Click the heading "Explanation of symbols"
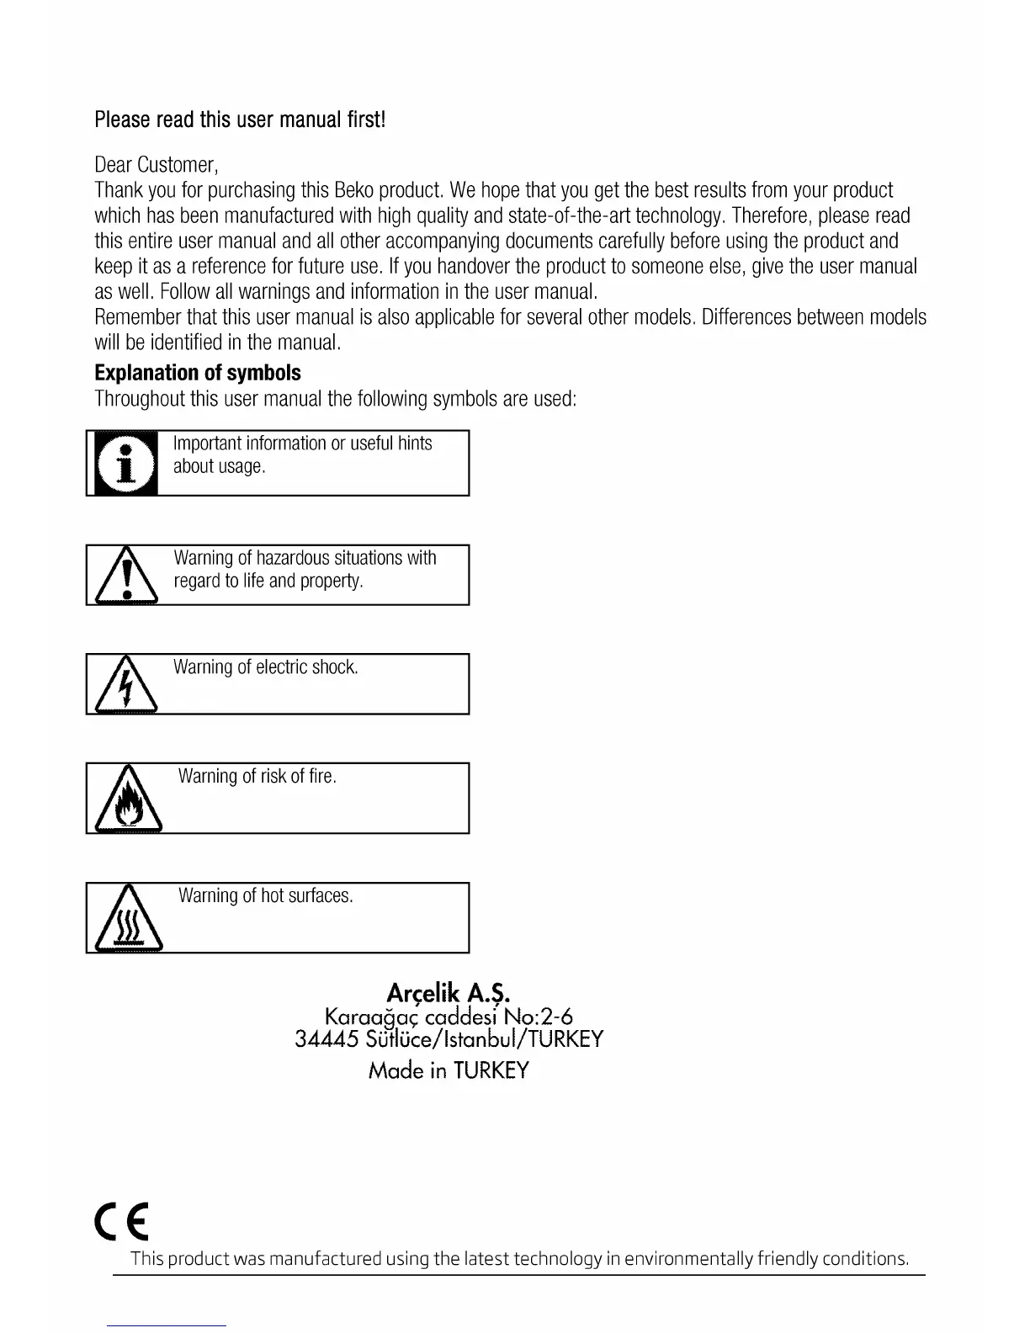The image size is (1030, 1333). click(198, 373)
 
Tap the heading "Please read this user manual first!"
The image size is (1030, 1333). click(240, 119)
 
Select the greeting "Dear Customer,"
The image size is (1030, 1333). click(157, 164)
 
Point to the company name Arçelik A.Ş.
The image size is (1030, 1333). click(449, 993)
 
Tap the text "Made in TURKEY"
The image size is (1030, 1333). click(449, 1070)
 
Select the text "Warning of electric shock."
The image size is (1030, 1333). click(266, 667)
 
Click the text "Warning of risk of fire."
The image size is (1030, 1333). click(257, 777)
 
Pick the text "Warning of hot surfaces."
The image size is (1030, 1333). click(266, 896)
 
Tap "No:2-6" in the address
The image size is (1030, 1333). click(539, 1017)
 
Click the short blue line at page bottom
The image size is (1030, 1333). click(167, 1326)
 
